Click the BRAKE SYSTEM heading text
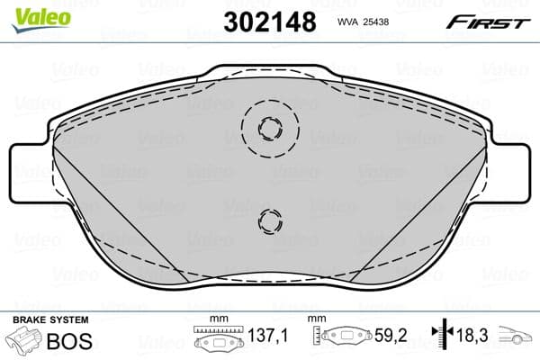(x=50, y=320)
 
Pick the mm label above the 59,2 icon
(x=318, y=320)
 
